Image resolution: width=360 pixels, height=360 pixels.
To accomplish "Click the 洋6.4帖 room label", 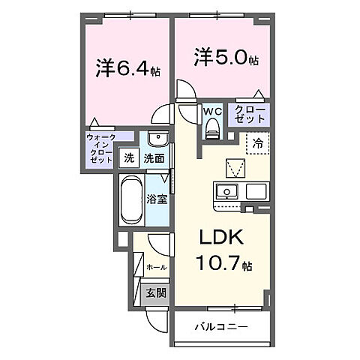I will click(x=127, y=69).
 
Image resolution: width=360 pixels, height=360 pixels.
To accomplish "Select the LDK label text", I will click(x=220, y=238).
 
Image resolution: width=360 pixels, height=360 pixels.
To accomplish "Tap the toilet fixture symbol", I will click(x=211, y=129).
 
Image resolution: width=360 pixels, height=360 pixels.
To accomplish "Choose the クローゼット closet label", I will click(x=250, y=115).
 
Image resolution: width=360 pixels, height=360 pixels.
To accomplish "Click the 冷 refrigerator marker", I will click(x=257, y=142).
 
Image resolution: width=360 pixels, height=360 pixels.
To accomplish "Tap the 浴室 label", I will click(x=157, y=199).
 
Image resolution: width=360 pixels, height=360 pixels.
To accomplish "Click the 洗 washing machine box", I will click(x=128, y=158).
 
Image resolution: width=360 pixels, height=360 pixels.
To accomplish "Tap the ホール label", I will click(x=156, y=266).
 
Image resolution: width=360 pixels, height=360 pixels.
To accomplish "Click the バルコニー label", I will click(x=222, y=326).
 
